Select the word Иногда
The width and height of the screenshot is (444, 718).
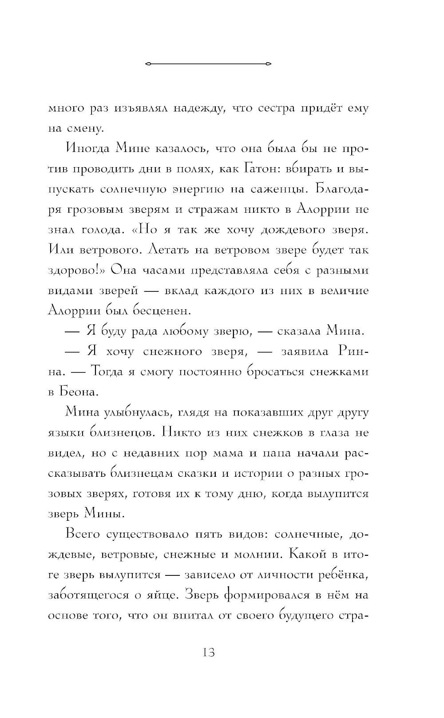(x=87, y=148)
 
